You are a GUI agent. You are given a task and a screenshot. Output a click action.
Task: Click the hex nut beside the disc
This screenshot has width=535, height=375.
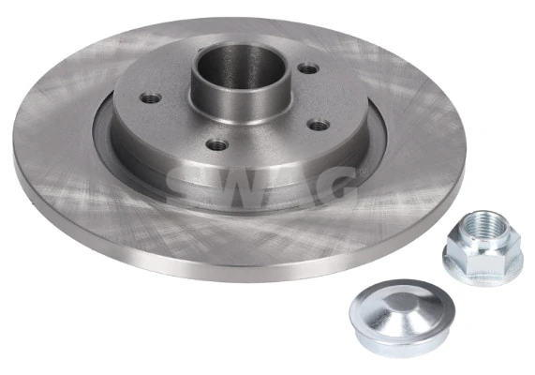pyautogui.click(x=482, y=246)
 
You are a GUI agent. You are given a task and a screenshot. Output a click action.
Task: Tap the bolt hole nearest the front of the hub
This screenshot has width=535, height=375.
pyautogui.click(x=218, y=143)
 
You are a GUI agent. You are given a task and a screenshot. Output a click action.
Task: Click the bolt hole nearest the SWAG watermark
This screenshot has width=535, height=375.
pyautogui.click(x=320, y=125)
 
